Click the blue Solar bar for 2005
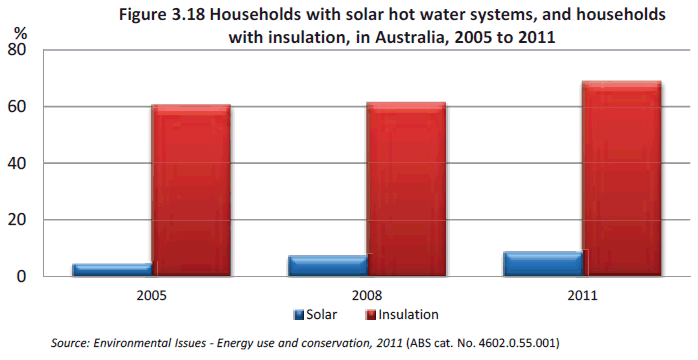(111, 269)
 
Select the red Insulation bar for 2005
(191, 190)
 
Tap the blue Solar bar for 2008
(327, 265)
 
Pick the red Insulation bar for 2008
(406, 189)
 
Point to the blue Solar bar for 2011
(542, 263)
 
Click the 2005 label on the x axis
(151, 296)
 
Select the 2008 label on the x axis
(366, 296)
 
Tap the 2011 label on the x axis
(582, 296)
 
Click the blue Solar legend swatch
(298, 315)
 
